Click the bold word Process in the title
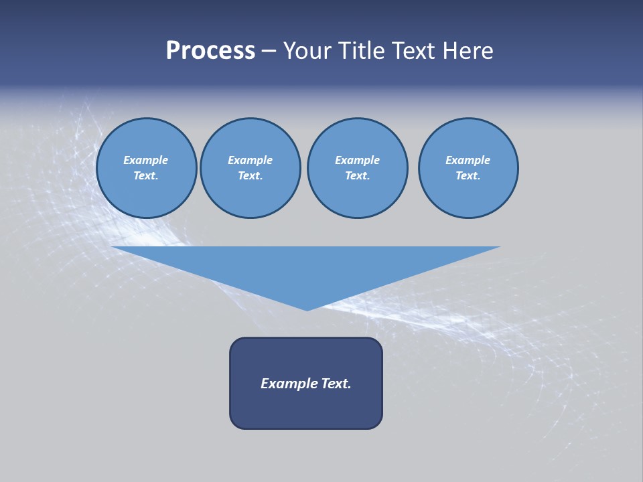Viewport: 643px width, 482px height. coord(210,51)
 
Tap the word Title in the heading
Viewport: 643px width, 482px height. coord(364,51)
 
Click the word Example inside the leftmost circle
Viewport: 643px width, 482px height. coord(146,160)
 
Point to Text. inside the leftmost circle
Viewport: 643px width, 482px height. coord(146,176)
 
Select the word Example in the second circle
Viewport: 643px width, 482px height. coord(250,160)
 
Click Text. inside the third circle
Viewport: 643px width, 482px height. coord(357,176)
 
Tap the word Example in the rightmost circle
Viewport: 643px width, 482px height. coord(468,160)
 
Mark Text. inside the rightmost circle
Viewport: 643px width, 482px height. coord(468,176)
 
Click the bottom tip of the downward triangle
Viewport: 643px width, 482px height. coord(307,309)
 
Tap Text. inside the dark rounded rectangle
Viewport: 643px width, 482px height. coord(336,384)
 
